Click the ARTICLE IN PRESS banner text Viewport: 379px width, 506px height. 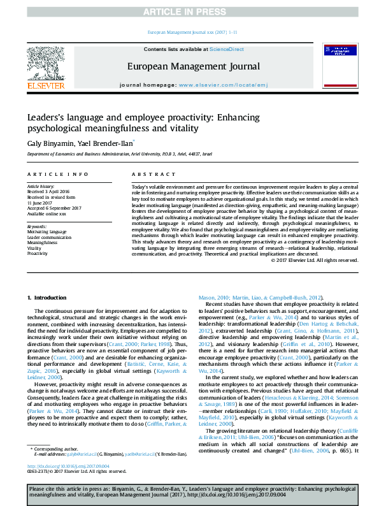click(x=189, y=12)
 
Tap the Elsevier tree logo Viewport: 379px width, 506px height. click(x=45, y=64)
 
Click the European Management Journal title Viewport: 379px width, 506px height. click(x=193, y=66)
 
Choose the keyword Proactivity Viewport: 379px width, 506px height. click(x=38, y=253)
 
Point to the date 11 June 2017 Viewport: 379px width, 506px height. click(x=41, y=201)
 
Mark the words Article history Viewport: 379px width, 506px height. click(x=42, y=186)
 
